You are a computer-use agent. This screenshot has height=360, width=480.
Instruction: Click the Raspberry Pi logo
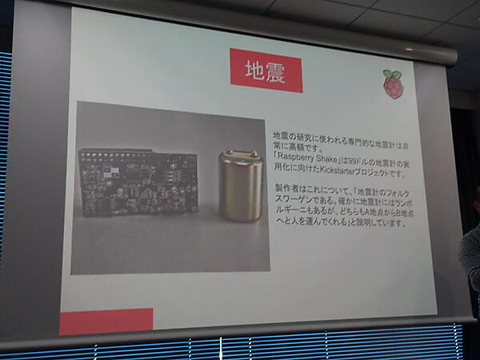(x=392, y=83)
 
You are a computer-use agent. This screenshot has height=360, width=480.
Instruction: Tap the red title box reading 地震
(x=260, y=70)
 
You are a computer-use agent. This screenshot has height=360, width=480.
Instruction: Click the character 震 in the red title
(x=274, y=71)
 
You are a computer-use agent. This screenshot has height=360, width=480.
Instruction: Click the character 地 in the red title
(x=246, y=70)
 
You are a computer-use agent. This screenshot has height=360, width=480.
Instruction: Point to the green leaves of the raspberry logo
(x=393, y=74)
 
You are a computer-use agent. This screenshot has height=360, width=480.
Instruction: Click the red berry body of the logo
(x=392, y=88)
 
